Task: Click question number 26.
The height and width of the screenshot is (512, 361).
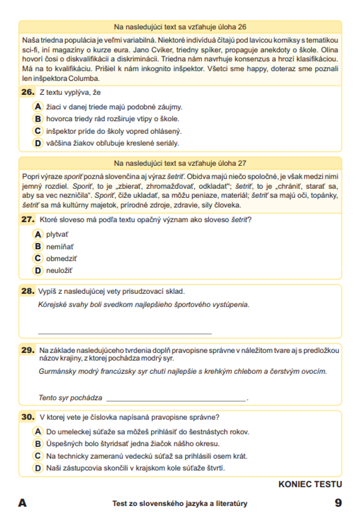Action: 28,92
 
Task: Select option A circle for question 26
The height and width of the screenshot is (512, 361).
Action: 38,107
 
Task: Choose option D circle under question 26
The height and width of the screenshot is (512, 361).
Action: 38,143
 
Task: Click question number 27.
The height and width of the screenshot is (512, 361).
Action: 28,219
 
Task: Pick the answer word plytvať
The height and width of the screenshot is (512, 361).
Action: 57,234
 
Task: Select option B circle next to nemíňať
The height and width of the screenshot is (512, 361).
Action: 38,246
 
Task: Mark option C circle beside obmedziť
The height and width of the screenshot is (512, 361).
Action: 38,258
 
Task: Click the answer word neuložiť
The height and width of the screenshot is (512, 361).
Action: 59,270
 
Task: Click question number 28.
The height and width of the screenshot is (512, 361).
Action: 28,291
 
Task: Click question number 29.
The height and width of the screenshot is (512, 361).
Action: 28,350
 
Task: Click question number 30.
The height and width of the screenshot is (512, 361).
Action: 28,417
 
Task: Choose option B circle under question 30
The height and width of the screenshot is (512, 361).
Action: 38,443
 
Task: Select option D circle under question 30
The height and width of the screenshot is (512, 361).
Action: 38,468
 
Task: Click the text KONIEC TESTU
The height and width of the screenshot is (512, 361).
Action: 310,484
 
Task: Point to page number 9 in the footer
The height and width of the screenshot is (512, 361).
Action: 338,503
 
